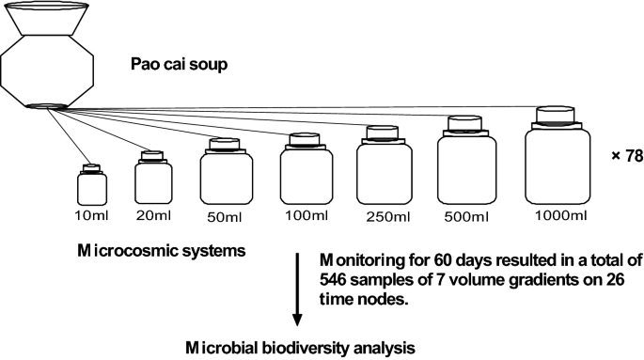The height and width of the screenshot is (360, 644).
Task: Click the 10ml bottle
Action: (x=91, y=187)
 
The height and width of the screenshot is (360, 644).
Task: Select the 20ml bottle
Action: (x=153, y=180)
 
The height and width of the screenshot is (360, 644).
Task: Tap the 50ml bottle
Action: (x=223, y=174)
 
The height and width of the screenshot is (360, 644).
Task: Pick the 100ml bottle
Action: (x=305, y=171)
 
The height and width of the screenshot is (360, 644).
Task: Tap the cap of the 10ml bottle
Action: (x=91, y=169)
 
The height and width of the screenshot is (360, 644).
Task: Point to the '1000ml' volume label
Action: (x=561, y=216)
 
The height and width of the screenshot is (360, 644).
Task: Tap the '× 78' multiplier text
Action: (x=626, y=155)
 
